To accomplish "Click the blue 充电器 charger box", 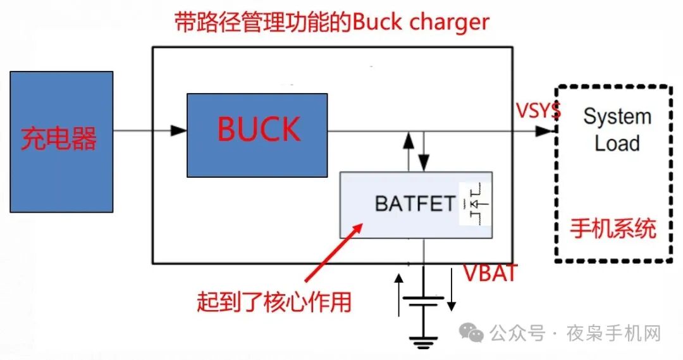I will tap(61, 141).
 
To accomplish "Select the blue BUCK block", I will tap(257, 135).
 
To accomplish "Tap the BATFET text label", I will tap(415, 204).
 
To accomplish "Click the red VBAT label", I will tap(490, 273).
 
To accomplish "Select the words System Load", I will tap(616, 130).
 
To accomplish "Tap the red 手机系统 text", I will tap(612, 228).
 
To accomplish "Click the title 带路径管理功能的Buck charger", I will tap(331, 23).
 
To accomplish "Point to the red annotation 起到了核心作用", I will tap(273, 302).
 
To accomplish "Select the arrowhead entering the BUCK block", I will tap(180, 131).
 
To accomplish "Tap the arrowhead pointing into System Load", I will tap(545, 131).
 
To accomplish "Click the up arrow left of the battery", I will tap(398, 294).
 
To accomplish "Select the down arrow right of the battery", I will tap(451, 290).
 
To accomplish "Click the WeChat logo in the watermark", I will tap(472, 332).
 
